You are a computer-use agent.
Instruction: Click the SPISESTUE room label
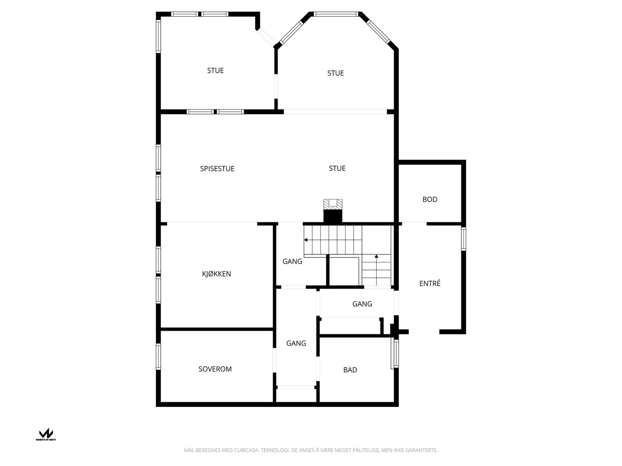click(x=217, y=169)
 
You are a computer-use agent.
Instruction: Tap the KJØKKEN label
click(x=216, y=274)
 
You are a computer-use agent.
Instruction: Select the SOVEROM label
click(x=215, y=369)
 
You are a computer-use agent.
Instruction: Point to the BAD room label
click(x=350, y=370)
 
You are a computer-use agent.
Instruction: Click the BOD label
click(x=430, y=199)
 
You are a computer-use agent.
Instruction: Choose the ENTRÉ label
click(x=430, y=283)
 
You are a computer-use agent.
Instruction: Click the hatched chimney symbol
click(x=333, y=204)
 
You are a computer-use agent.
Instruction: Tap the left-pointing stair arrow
click(x=306, y=240)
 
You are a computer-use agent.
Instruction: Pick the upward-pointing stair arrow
click(x=376, y=256)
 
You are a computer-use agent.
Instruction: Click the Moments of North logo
click(x=46, y=434)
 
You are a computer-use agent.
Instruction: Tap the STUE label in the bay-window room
click(x=335, y=73)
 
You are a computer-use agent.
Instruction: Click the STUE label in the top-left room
click(x=215, y=70)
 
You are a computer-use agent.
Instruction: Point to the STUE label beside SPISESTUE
click(x=337, y=168)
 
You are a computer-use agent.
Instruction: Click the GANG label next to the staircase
click(x=292, y=261)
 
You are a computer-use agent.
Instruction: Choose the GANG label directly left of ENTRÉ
click(x=362, y=304)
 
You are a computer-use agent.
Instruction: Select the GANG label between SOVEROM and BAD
click(x=296, y=343)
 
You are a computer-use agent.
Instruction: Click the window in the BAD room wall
click(x=395, y=353)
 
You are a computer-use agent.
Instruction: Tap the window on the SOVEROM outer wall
click(x=158, y=356)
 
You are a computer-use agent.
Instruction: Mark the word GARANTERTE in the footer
click(x=421, y=450)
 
